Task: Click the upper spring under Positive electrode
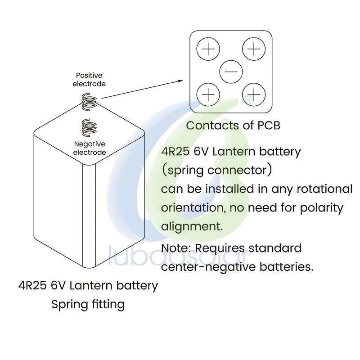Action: (89, 101)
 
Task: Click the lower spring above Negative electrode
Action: (89, 127)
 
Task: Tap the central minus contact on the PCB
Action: (231, 72)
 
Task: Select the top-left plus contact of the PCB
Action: (208, 49)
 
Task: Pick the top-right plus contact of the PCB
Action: (254, 49)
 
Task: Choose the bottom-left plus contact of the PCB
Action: (208, 94)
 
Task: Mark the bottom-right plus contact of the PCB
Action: (254, 94)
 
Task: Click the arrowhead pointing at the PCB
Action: (180, 81)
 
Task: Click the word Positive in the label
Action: (89, 76)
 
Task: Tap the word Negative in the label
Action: (90, 144)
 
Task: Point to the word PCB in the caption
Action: (269, 125)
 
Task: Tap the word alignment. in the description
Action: (192, 226)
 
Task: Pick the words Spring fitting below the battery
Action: (88, 304)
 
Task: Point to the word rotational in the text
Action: (321, 189)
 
